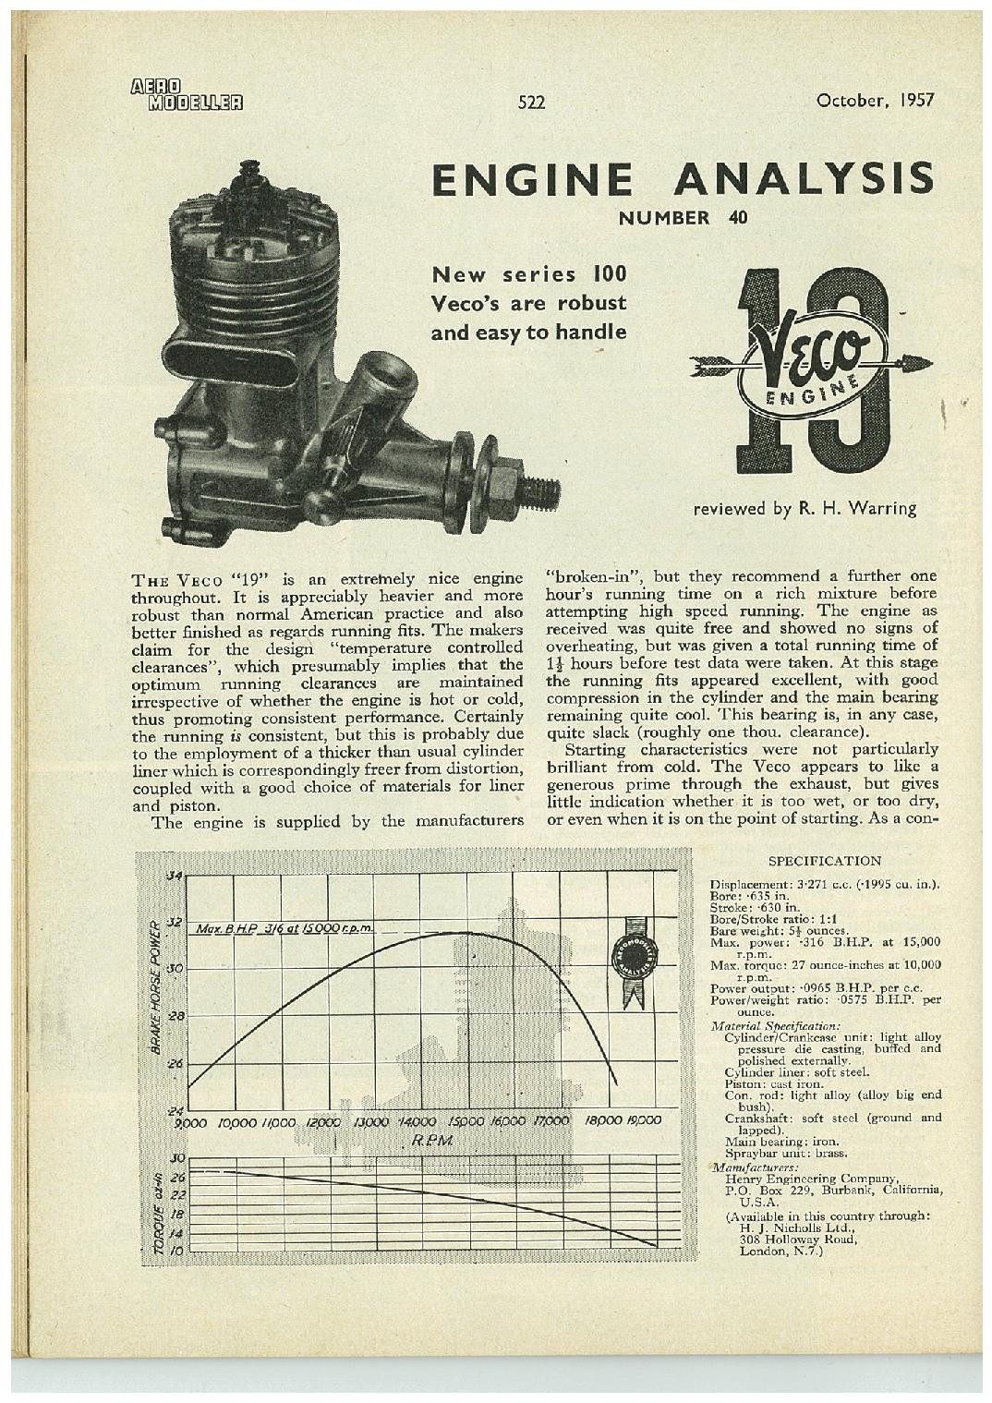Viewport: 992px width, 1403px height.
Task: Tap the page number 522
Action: click(532, 103)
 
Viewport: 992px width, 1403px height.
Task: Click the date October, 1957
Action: click(876, 100)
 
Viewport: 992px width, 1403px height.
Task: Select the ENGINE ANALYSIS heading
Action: click(683, 178)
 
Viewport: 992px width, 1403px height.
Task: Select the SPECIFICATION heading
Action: click(825, 861)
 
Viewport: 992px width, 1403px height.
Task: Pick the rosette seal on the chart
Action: click(632, 962)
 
